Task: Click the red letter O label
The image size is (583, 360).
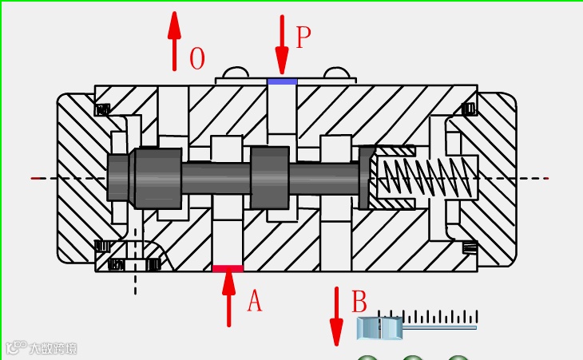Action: tap(197, 59)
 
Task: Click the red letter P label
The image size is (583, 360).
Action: tap(303, 37)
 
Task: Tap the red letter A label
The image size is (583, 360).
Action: tap(254, 301)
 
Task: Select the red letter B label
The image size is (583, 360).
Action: tap(359, 303)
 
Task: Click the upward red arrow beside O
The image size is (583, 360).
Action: tap(174, 42)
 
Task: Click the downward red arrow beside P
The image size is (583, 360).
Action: tap(281, 44)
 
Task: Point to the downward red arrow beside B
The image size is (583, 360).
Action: tap(336, 316)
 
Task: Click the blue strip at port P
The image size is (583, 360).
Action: tap(282, 81)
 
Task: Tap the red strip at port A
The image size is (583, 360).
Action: tap(228, 269)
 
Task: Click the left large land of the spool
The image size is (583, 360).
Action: tap(158, 178)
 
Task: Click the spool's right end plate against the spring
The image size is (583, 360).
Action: tap(367, 178)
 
